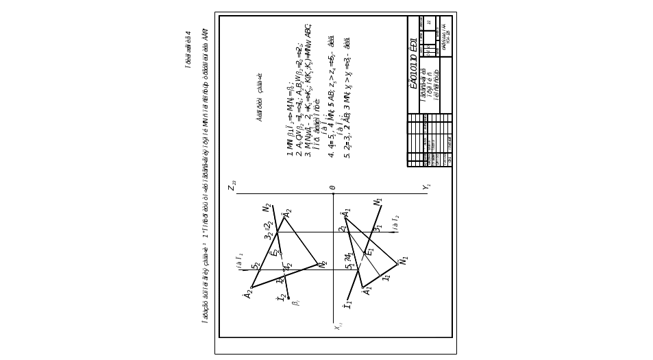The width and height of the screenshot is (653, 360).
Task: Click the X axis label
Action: click(426, 187)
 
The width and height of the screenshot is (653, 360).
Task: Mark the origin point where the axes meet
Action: click(332, 193)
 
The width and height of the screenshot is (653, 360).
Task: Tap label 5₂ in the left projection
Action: click(255, 265)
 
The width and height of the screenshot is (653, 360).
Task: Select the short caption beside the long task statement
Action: click(187, 48)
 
